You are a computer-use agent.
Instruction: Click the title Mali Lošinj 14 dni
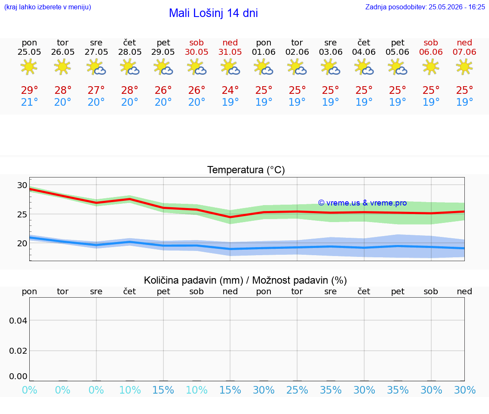point(214,13)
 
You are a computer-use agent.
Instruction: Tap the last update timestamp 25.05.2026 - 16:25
point(457,7)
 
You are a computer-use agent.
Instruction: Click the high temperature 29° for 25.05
point(29,90)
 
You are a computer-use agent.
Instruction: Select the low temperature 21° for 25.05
point(29,102)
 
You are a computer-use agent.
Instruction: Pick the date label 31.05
point(230,52)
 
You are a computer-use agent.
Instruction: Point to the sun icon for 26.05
point(62,67)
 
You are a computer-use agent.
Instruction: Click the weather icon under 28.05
point(130,67)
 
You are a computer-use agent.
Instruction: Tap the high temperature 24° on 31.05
point(230,90)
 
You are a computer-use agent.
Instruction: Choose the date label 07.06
point(464,52)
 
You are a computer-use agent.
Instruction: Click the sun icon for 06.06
point(431,67)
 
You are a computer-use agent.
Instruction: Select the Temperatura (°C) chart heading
point(246,170)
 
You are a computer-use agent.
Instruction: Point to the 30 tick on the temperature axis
point(22,185)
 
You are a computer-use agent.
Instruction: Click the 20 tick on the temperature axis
point(22,243)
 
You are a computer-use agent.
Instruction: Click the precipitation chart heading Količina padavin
point(194,280)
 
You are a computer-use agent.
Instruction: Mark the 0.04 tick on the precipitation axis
point(18,321)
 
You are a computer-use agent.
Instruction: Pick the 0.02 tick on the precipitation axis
point(18,351)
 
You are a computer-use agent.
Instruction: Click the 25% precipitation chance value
point(297,390)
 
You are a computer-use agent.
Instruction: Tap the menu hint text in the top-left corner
point(48,7)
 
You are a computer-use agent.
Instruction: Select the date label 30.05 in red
point(197,52)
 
